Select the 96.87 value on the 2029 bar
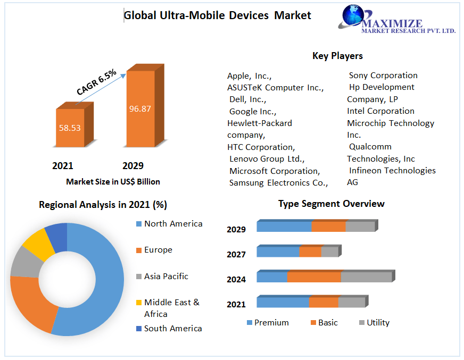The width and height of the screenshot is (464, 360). tap(140, 109)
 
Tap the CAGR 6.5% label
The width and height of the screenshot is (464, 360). tap(96, 82)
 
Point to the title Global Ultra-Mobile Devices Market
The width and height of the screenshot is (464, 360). tap(217, 15)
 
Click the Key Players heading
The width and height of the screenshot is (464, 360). tap(337, 56)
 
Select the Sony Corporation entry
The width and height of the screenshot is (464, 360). tap(383, 76)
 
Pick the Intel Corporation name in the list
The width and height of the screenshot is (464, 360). tap(380, 111)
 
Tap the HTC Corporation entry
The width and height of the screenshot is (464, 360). tap(261, 147)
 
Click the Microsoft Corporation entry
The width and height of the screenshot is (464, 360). tap(275, 171)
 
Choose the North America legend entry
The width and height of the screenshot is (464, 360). tap(173, 224)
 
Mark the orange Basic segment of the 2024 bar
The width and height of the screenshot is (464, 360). tap(314, 277)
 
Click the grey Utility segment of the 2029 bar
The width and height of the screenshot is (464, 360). tap(360, 227)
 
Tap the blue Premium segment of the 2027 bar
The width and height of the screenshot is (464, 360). tap(278, 252)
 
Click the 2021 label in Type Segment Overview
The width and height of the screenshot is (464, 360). tap(236, 304)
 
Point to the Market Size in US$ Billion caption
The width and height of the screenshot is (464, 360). tap(113, 182)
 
